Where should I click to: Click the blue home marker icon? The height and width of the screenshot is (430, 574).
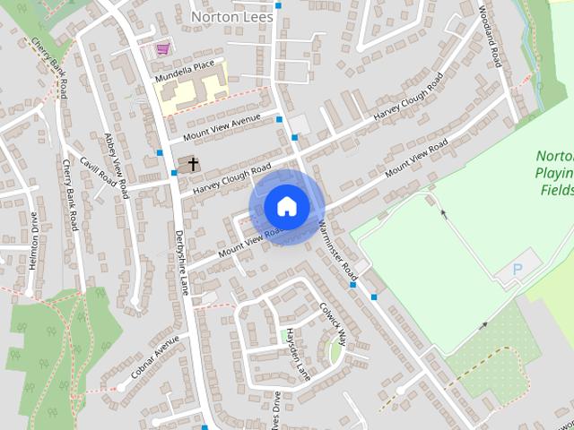click(x=286, y=207)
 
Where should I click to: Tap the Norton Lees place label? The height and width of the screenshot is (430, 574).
click(x=231, y=16)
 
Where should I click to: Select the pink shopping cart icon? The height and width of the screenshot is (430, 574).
click(x=162, y=48)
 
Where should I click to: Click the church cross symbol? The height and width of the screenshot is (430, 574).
click(x=191, y=163)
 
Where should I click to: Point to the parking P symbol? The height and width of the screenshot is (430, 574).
click(x=517, y=269)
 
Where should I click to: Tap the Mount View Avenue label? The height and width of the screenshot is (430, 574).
click(x=222, y=128)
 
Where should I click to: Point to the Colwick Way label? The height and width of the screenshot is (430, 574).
click(x=332, y=319)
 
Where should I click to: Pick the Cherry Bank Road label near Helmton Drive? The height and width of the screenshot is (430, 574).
click(x=70, y=193)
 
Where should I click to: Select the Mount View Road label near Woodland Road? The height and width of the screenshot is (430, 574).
click(x=415, y=159)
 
